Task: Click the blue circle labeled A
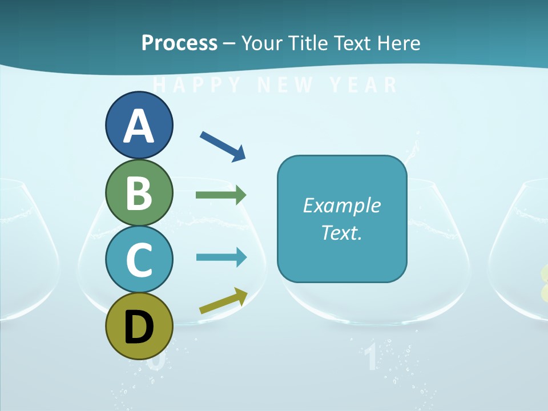(x=139, y=126)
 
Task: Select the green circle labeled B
(x=139, y=193)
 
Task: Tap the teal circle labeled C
(x=139, y=259)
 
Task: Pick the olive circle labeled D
(x=139, y=326)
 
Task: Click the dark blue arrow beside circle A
(x=223, y=146)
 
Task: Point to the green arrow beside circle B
(x=221, y=195)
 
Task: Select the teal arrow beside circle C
(x=221, y=257)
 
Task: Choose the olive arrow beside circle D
(x=223, y=301)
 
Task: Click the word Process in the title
(x=179, y=43)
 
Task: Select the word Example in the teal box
(x=341, y=205)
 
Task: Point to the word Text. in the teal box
(x=341, y=232)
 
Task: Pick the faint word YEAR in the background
(x=364, y=85)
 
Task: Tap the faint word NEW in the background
(x=285, y=85)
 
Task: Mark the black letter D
(x=139, y=328)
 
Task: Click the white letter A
(x=139, y=127)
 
